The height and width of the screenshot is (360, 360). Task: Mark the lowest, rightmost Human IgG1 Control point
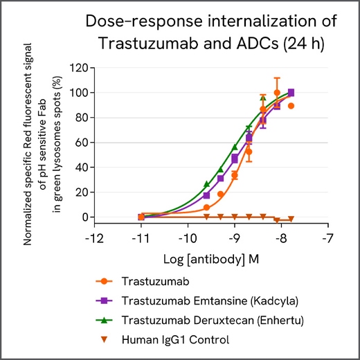click(291, 219)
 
